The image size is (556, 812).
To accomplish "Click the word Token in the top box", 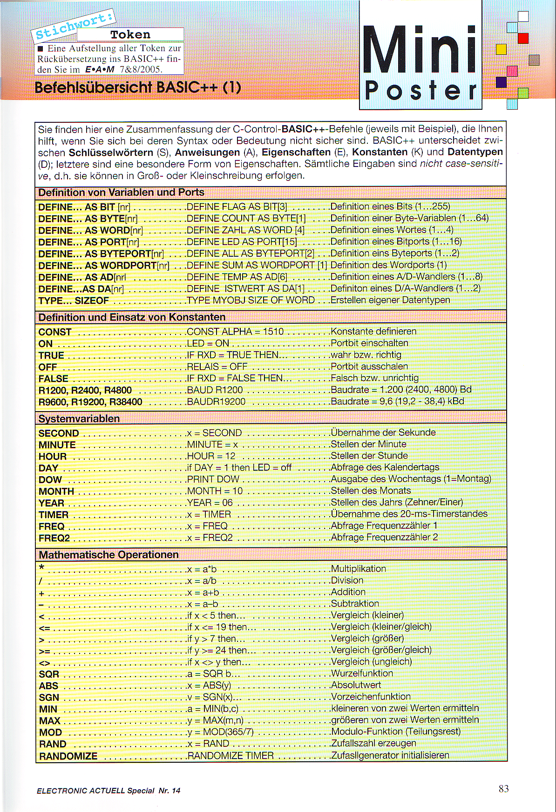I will [x=130, y=35].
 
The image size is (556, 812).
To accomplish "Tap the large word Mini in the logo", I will [x=420, y=50].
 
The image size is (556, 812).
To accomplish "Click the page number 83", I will [x=503, y=789].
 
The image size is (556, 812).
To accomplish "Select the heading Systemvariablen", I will [x=79, y=419].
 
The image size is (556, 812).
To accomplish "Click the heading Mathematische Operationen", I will [x=108, y=554].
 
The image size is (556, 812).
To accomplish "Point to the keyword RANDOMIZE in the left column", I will [x=68, y=756].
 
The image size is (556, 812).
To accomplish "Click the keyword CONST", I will [x=55, y=332].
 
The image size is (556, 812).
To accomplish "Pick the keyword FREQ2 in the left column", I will [x=54, y=538].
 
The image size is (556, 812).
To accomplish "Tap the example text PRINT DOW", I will [x=213, y=479].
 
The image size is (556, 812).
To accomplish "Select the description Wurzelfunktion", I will [x=362, y=673].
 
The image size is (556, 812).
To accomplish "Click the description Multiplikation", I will [x=358, y=569].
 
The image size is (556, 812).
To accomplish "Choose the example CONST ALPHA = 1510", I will [x=235, y=332].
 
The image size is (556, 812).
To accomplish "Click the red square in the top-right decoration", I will [x=523, y=38].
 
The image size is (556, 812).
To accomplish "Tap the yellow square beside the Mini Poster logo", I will [x=501, y=49].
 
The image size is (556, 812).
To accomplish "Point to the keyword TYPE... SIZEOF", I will [x=74, y=300].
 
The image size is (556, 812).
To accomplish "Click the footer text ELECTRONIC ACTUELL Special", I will [x=95, y=791].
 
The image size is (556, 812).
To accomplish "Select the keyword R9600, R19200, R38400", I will [x=90, y=402].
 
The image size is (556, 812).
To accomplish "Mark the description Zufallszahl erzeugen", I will [x=373, y=743].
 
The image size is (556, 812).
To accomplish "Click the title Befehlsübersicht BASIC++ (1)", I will [x=138, y=87].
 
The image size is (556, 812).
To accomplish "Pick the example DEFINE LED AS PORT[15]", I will [x=242, y=242].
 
